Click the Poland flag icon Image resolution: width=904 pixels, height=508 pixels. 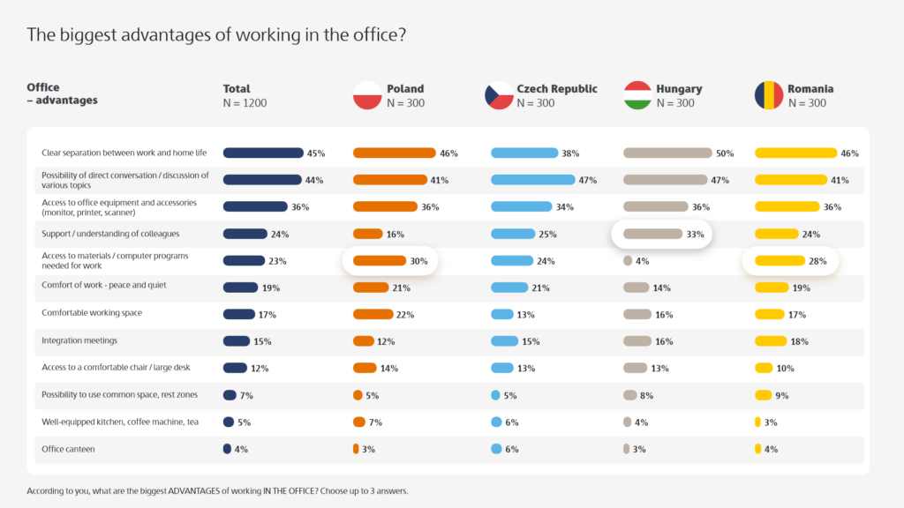click(x=367, y=95)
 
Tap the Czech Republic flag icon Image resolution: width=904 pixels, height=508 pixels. click(x=499, y=95)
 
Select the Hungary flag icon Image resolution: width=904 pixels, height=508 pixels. click(x=637, y=95)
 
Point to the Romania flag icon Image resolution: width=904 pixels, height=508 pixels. click(x=768, y=95)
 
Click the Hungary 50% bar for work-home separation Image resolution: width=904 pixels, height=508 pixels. click(x=667, y=153)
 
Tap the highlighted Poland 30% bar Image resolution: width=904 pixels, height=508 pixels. click(x=380, y=261)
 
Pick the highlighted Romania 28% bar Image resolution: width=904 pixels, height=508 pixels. click(x=780, y=261)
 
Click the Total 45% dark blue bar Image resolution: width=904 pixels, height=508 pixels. click(x=262, y=153)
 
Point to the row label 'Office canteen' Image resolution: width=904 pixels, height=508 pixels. click(x=68, y=449)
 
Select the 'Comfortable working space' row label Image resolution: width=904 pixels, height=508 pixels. click(x=92, y=313)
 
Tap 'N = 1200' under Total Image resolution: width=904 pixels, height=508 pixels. click(x=245, y=103)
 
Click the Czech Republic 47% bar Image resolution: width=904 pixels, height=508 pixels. click(x=531, y=180)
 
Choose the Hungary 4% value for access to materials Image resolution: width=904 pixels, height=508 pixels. click(x=642, y=261)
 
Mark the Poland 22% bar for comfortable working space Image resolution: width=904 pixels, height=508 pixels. click(x=373, y=315)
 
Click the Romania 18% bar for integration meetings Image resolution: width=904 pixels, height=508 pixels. click(x=770, y=341)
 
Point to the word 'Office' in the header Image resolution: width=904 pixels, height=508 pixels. click(x=43, y=87)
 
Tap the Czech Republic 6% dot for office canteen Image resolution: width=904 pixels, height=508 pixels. click(x=496, y=449)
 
